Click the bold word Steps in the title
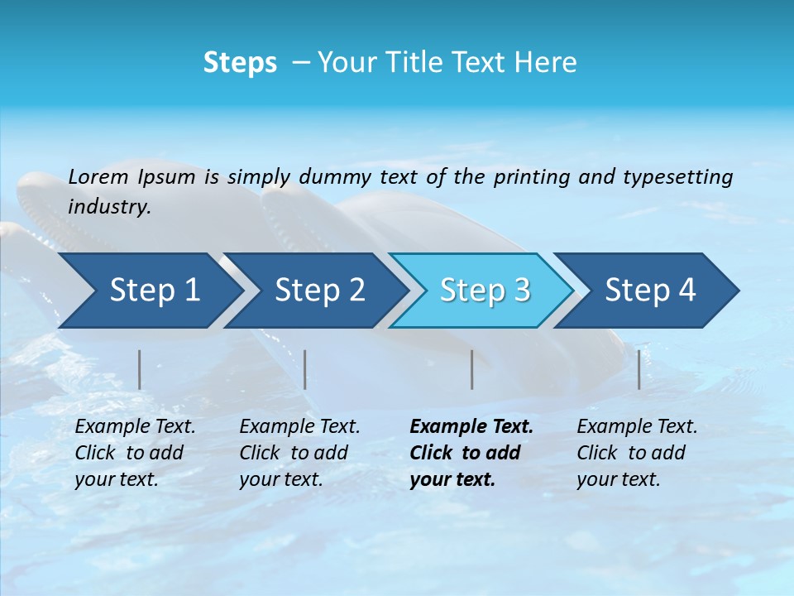click(240, 63)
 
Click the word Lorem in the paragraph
click(98, 176)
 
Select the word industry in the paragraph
click(109, 207)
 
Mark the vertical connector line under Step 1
click(140, 369)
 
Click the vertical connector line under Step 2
click(305, 369)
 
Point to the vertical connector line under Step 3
click(471, 369)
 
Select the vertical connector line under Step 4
click(639, 369)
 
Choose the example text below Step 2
click(298, 453)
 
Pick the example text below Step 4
click(635, 453)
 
